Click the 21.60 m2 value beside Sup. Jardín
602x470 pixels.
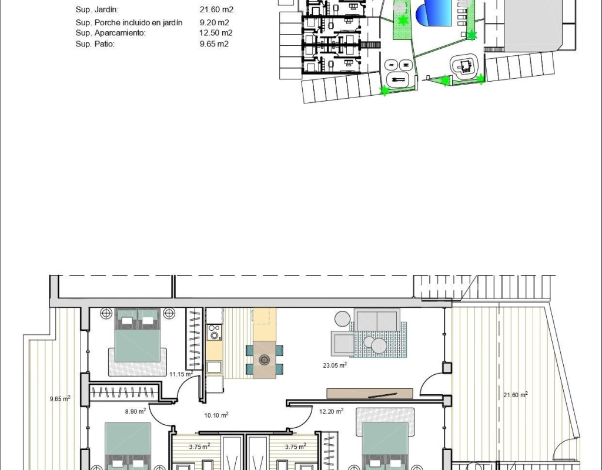coord(216,9)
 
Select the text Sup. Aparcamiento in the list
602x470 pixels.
coord(111,33)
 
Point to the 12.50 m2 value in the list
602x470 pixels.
coord(216,33)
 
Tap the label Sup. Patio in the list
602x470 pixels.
coord(95,43)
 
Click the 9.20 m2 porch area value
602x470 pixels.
coord(214,23)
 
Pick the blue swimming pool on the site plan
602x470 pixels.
coord(433,13)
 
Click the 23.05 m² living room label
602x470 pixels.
coord(335,365)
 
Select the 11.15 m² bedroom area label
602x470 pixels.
coord(181,374)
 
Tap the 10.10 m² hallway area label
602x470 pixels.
coord(216,415)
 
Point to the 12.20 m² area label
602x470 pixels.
coord(332,411)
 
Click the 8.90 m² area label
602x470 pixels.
coord(136,411)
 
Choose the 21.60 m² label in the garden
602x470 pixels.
coord(516,395)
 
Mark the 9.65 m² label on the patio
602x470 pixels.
coord(61,399)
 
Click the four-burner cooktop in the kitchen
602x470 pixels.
coord(214,333)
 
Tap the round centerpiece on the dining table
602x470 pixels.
coord(264,360)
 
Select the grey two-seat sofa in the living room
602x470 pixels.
coord(377,320)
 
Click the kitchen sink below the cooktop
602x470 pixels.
coord(214,367)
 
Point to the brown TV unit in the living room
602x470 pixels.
coord(370,394)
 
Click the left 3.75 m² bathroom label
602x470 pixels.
coord(200,446)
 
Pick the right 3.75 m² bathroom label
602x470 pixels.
coord(296,446)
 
